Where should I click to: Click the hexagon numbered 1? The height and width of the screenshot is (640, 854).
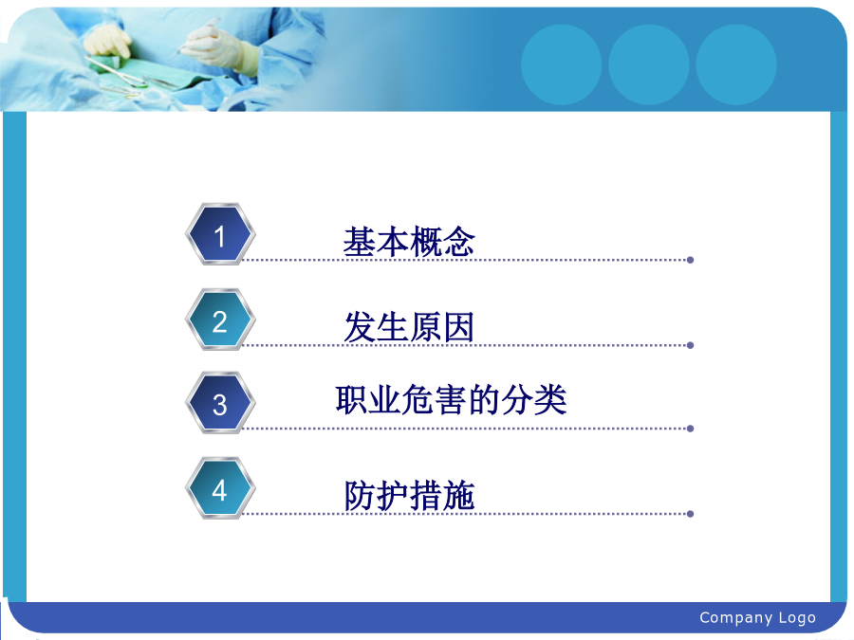pos(220,234)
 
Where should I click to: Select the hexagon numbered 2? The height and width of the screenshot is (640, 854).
pos(220,320)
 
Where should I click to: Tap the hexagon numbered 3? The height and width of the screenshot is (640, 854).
pos(220,403)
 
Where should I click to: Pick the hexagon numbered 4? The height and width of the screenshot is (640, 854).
pos(220,488)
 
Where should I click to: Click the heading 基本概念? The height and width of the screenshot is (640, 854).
pos(409,242)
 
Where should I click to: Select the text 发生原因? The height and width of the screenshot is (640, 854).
pos(409,327)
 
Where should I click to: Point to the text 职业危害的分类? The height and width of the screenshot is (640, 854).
pos(451,400)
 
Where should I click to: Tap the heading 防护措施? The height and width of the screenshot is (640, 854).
pos(409,495)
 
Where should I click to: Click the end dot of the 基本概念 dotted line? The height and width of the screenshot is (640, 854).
pos(690,260)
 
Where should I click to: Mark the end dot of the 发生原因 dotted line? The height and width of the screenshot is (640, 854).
pos(690,345)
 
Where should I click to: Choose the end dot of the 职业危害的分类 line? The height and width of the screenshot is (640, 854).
pos(690,429)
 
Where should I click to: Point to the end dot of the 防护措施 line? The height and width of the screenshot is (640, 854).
pos(690,514)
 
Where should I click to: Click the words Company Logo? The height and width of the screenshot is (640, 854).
pos(757,617)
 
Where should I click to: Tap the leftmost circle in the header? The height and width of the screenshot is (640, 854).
pos(562,64)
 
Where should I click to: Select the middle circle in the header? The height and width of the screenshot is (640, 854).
pos(649,64)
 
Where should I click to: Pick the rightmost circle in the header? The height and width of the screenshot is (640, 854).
pos(735,64)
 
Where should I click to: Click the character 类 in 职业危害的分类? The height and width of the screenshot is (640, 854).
pos(550,400)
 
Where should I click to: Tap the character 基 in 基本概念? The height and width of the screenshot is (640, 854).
pos(360,242)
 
